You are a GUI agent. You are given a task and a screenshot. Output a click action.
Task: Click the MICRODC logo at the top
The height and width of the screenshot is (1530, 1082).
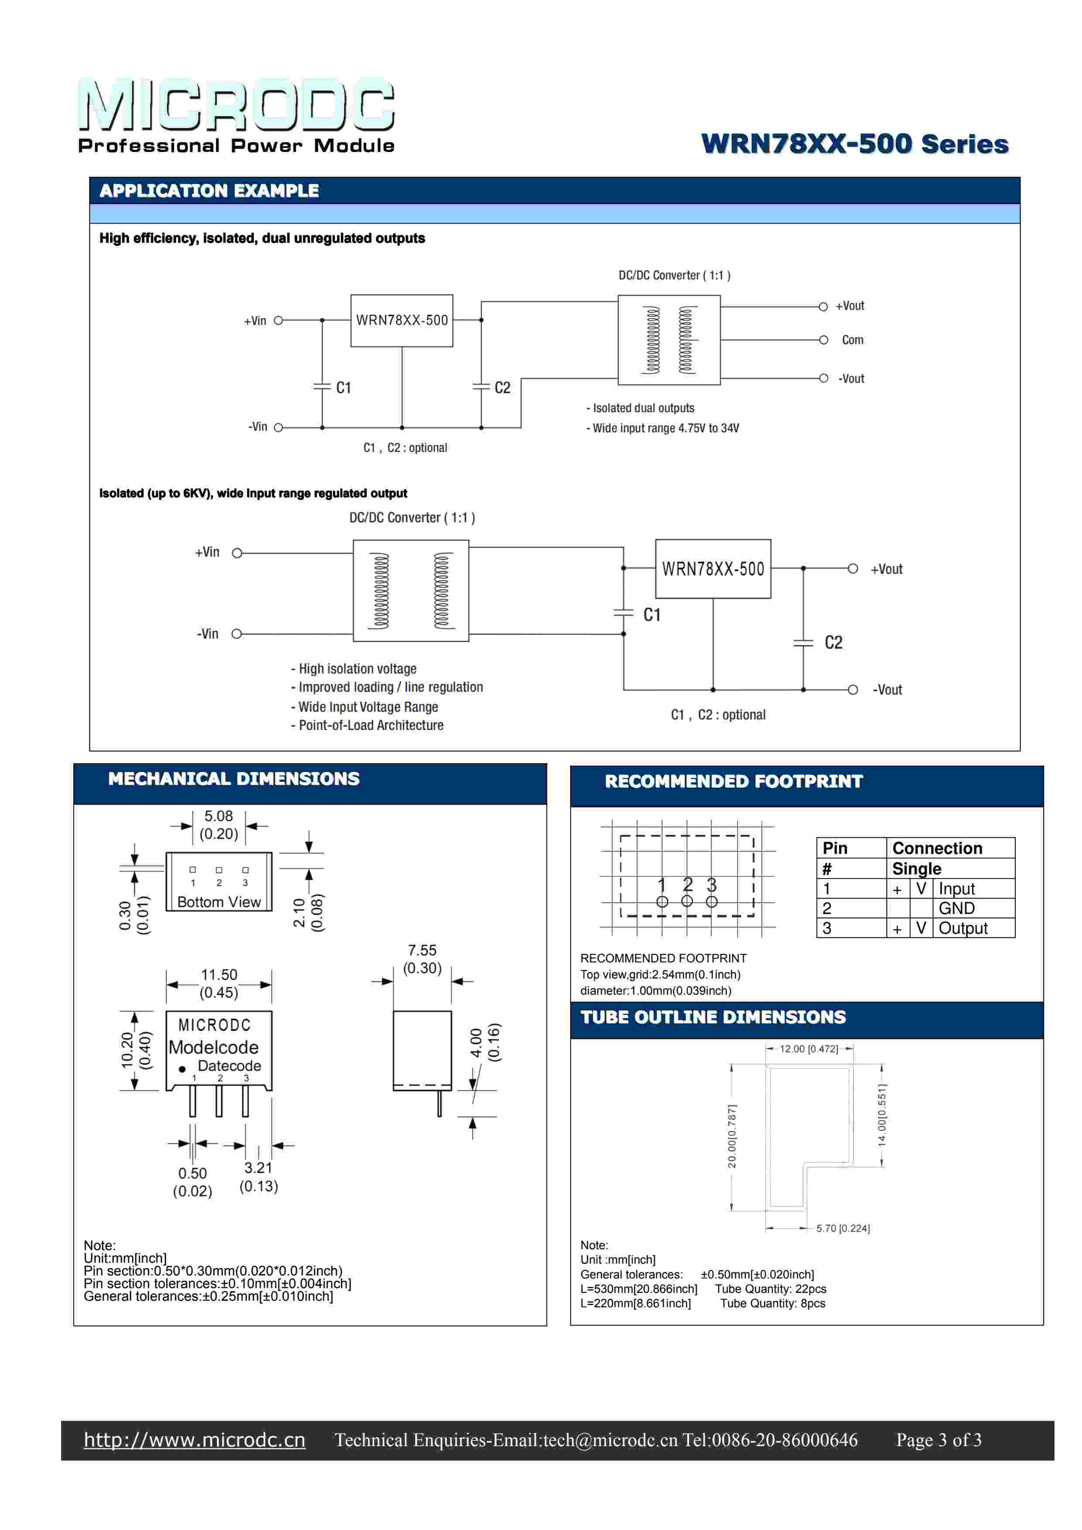click(237, 105)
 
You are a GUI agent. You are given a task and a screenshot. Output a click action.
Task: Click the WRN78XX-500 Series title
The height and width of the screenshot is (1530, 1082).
click(855, 144)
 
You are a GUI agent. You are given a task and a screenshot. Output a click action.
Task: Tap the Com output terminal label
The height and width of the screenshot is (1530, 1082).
click(852, 340)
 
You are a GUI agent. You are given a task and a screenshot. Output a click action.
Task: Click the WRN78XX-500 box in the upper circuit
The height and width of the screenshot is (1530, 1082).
click(402, 320)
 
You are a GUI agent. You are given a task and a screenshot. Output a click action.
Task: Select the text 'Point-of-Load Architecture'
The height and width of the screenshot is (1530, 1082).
click(371, 725)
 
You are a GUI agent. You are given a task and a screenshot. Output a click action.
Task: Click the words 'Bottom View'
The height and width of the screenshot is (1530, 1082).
click(219, 902)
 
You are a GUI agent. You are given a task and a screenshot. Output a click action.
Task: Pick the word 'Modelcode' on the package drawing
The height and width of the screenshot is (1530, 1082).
click(213, 1047)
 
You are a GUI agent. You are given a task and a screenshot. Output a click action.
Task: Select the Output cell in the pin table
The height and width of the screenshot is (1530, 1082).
click(963, 928)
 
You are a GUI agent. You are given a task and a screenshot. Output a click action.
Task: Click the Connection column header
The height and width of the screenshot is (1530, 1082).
click(938, 848)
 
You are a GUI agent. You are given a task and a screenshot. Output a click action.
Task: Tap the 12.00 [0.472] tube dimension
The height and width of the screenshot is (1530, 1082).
click(809, 1049)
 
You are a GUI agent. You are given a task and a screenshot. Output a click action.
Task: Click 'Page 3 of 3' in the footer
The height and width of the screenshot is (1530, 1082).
click(939, 1440)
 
